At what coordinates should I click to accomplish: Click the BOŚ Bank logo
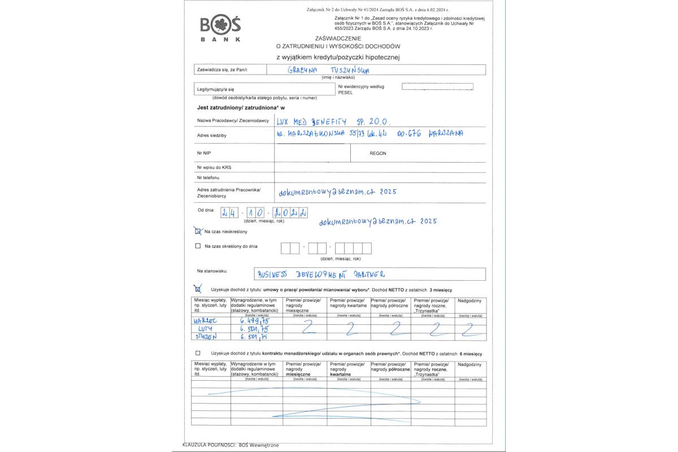220,29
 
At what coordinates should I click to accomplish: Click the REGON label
378,153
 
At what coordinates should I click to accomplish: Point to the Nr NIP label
204,153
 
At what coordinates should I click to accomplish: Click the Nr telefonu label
208,177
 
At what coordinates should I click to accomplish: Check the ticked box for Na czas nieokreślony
198,231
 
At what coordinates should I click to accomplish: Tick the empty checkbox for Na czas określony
198,246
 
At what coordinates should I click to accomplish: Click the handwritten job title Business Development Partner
321,274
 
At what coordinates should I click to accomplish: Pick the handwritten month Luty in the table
205,328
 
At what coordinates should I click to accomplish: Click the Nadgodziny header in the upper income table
470,300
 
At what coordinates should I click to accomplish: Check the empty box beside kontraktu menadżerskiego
198,353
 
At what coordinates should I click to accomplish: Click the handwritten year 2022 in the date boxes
290,214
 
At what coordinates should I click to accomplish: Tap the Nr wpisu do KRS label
214,167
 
